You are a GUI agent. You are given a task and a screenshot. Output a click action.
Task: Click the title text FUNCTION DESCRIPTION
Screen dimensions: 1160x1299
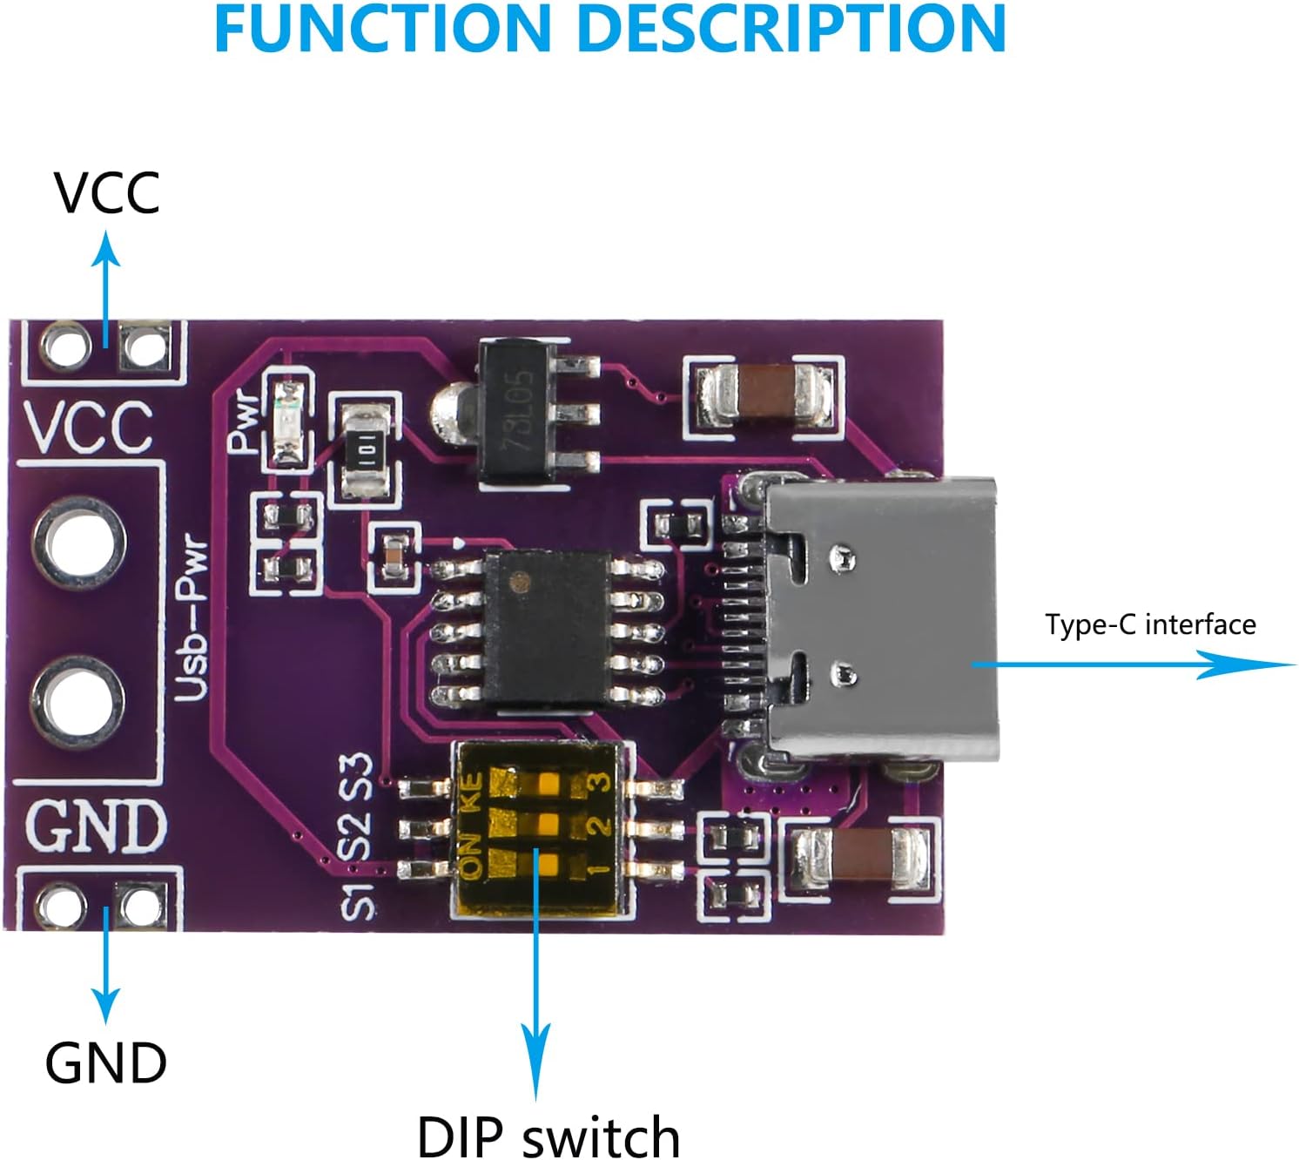(x=609, y=30)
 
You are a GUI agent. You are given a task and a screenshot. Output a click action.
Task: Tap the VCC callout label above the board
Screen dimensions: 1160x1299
(x=106, y=192)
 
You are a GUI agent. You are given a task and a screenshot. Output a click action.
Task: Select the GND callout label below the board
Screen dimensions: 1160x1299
(x=105, y=1062)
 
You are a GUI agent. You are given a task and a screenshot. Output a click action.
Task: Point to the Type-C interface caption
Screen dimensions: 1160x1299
(x=1149, y=624)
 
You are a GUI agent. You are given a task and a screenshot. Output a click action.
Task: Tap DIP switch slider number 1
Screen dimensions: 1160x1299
(x=547, y=864)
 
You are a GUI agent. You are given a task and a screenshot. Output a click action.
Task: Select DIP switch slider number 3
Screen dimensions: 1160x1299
(x=547, y=782)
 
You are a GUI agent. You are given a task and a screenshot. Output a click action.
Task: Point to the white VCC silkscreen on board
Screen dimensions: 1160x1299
(x=87, y=427)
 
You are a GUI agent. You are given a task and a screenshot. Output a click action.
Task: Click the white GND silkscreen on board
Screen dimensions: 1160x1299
(x=96, y=825)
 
